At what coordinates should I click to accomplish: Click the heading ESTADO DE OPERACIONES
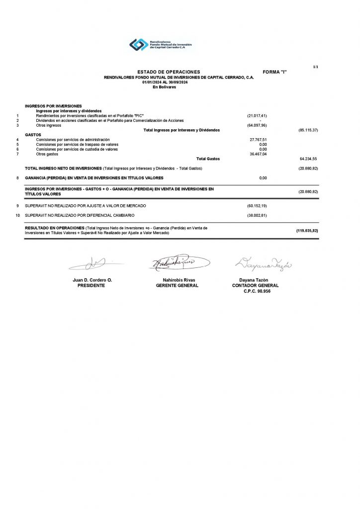click(169, 72)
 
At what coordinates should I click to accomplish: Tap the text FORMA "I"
click(275, 72)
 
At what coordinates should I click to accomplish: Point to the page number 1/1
click(315, 66)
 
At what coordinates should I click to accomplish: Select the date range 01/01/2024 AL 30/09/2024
click(165, 82)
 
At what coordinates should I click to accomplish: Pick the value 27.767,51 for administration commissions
click(258, 140)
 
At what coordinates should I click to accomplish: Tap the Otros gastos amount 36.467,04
click(258, 154)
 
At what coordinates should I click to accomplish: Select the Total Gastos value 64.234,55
click(308, 159)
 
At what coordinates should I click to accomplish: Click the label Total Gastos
click(208, 159)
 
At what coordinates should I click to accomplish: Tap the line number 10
click(18, 215)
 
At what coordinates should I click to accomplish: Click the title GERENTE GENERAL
click(177, 286)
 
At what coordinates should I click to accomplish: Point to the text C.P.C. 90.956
click(255, 291)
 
